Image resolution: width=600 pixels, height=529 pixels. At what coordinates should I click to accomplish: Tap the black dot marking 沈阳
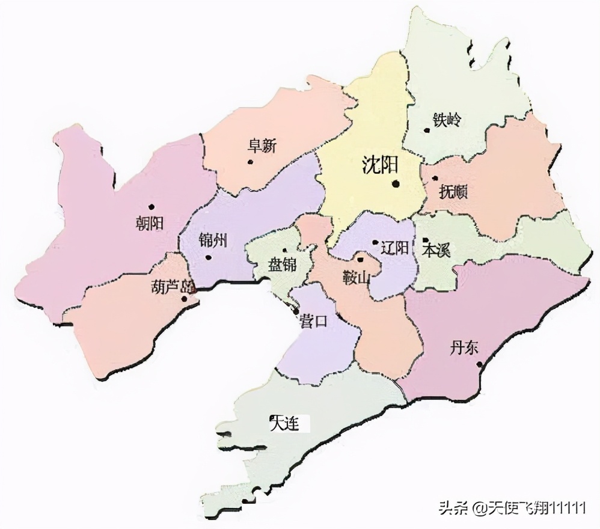click(x=396, y=184)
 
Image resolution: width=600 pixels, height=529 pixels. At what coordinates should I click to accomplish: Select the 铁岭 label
click(x=446, y=120)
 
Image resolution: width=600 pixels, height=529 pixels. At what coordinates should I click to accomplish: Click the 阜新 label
click(x=262, y=146)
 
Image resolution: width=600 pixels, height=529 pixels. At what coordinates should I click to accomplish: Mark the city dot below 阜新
click(x=250, y=162)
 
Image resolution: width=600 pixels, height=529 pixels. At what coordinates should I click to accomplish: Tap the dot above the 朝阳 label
click(x=152, y=207)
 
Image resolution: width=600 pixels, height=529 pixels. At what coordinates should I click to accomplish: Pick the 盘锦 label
click(x=282, y=264)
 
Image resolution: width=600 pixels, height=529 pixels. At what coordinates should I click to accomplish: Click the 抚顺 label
click(x=453, y=192)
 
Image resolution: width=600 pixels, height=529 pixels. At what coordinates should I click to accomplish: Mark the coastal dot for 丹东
click(x=479, y=364)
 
